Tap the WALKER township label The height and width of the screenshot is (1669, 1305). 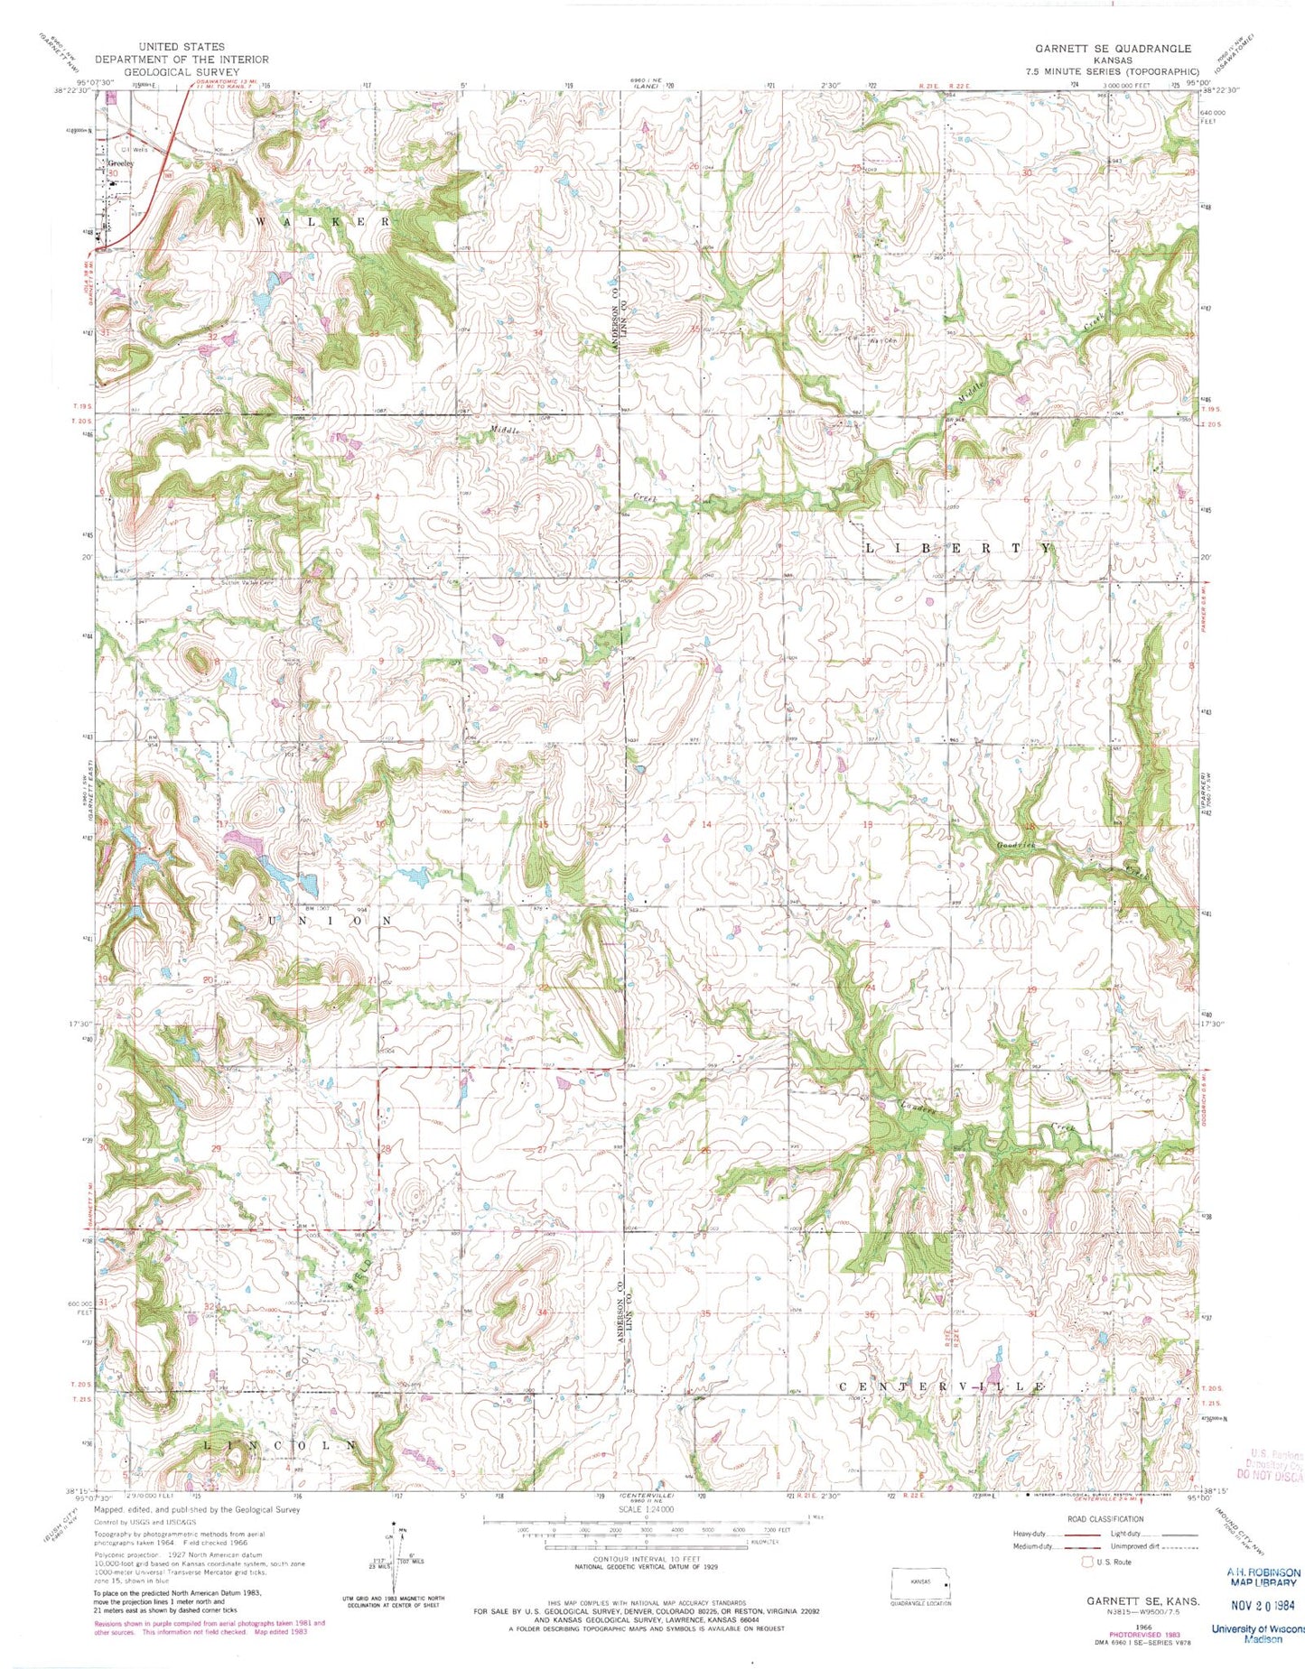pyautogui.click(x=324, y=221)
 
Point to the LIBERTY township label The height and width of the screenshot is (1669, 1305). pyautogui.click(x=959, y=548)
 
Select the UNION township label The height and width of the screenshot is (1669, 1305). pyautogui.click(x=330, y=920)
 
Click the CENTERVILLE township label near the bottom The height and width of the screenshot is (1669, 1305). pyautogui.click(x=942, y=1385)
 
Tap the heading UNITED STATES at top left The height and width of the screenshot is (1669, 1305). pyautogui.click(x=182, y=47)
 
